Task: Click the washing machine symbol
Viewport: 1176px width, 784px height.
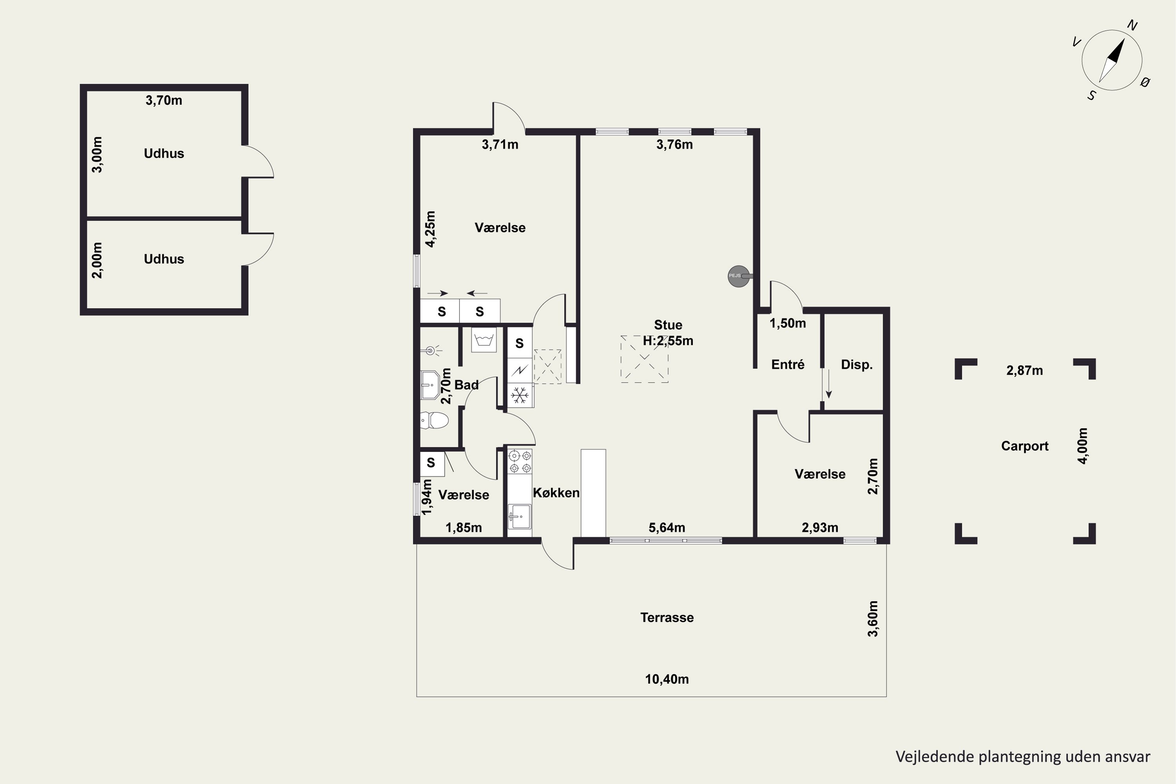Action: (x=483, y=340)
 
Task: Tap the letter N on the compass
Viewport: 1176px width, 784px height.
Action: (x=1132, y=25)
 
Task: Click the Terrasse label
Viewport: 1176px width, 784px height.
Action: (x=667, y=617)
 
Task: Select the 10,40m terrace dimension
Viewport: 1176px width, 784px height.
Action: (x=667, y=679)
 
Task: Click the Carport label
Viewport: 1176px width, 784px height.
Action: (x=1025, y=446)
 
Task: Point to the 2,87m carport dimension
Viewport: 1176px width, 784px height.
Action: (x=1025, y=370)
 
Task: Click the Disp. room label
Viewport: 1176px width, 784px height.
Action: (x=857, y=365)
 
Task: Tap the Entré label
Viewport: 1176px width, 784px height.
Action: (x=788, y=365)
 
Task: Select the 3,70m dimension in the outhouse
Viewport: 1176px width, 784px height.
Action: (x=164, y=100)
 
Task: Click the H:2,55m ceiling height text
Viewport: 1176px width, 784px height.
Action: (x=668, y=341)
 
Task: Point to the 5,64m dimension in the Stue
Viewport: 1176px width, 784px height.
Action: (x=667, y=528)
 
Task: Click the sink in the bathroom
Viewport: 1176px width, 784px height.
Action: (x=430, y=385)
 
